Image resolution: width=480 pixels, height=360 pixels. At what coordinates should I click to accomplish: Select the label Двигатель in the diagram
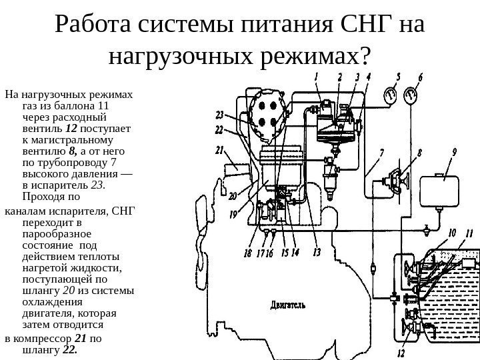288,306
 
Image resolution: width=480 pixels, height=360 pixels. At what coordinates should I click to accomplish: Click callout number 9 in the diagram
454,153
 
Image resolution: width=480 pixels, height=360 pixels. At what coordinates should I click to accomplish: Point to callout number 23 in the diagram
219,114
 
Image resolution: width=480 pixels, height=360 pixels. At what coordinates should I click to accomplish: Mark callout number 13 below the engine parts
316,252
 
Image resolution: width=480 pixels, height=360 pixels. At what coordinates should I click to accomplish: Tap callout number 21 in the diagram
220,149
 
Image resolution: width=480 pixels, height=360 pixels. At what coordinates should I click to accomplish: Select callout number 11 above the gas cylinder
469,233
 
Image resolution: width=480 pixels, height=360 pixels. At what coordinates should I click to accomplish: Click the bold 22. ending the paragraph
70,349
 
